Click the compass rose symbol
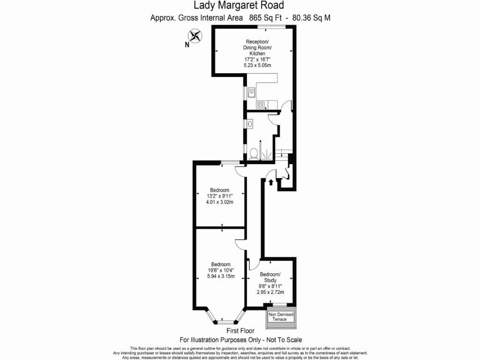coord(195,36)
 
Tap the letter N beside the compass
coord(187,45)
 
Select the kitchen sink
coord(251,92)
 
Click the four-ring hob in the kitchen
coord(260,105)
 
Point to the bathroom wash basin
coord(250,124)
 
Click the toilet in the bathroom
coord(254,153)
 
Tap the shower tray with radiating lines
coord(266,154)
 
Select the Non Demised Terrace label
coord(280,316)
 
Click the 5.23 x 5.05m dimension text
coord(257,66)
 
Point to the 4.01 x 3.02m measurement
coord(219,202)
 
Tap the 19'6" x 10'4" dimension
coord(221,270)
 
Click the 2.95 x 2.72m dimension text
coord(270,292)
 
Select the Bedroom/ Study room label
coord(270,277)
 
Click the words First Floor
coord(240,331)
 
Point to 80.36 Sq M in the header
coord(312,18)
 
